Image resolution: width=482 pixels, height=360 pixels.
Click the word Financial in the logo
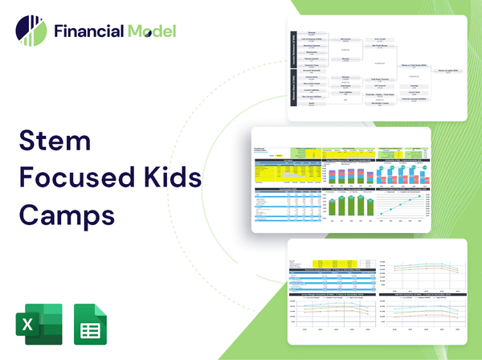[x=88, y=32]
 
